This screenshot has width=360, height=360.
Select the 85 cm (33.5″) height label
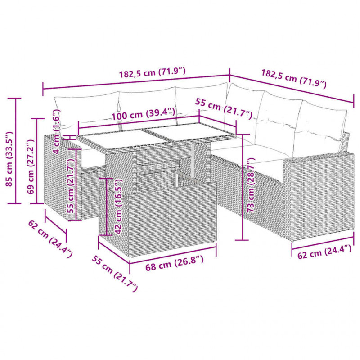pos(9,159)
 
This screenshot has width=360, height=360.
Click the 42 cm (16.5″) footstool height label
pos(118,207)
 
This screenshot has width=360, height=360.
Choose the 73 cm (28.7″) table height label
pos(252,185)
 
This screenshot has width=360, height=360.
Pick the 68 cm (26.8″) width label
pos(175,263)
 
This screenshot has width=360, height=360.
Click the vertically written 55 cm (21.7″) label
pos(71,186)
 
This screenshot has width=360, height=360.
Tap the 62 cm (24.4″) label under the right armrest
pos(324,252)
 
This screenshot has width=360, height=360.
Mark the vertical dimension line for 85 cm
pos(16,151)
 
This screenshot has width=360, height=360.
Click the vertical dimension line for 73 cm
pos(243,187)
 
